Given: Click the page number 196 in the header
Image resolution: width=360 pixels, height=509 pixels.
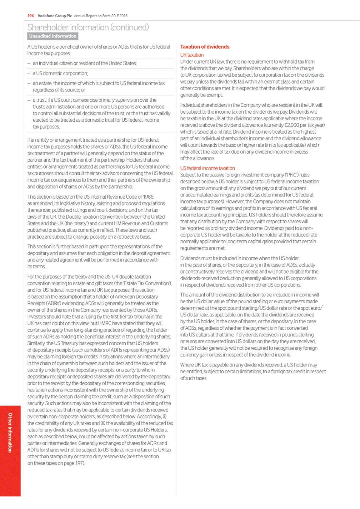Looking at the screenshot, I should point(31,16).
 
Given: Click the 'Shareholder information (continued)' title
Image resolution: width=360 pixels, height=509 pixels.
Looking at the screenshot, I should point(88,28).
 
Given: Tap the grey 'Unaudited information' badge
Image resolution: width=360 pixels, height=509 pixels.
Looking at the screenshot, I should point(53,36).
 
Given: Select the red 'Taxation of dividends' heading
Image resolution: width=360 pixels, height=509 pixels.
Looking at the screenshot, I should point(205,47).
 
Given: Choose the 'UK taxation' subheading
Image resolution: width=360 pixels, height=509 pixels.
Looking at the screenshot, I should point(192,55).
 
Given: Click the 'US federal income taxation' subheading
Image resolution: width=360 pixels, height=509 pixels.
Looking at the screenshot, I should point(207,168).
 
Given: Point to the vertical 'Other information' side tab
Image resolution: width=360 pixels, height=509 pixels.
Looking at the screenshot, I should point(10,433).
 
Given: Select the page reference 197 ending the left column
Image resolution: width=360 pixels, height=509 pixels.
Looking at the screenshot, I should point(80,463).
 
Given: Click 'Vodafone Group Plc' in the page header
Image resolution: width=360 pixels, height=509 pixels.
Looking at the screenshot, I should point(55,16).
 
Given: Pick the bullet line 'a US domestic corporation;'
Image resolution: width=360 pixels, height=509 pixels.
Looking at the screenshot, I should point(60,74).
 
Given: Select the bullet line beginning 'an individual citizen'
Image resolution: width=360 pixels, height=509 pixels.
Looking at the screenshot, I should point(85,64).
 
